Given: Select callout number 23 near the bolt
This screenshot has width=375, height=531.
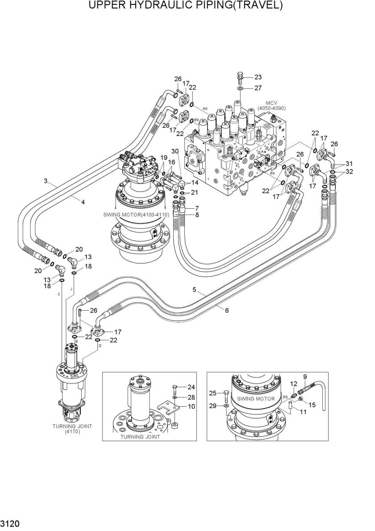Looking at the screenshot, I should tap(258, 77).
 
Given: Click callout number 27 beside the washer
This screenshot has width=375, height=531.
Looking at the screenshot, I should tap(258, 88).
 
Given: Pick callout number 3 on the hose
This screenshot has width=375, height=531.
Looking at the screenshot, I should tap(46, 181).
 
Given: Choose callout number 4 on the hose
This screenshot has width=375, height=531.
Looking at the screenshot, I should tap(83, 202).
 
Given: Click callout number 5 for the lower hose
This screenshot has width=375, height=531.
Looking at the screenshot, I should tap(194, 290).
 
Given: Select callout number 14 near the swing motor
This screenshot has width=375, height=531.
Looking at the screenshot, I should tap(195, 183).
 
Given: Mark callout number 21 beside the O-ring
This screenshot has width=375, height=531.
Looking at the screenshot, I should tap(194, 192).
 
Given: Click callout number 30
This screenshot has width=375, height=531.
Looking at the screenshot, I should tap(175, 151).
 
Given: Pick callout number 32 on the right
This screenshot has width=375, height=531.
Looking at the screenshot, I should tap(349, 171).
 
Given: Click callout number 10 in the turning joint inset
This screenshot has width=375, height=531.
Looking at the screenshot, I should tap(192, 406).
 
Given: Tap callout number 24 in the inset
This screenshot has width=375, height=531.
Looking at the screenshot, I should tap(191, 387).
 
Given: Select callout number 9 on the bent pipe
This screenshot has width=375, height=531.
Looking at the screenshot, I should tap(305, 376).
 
